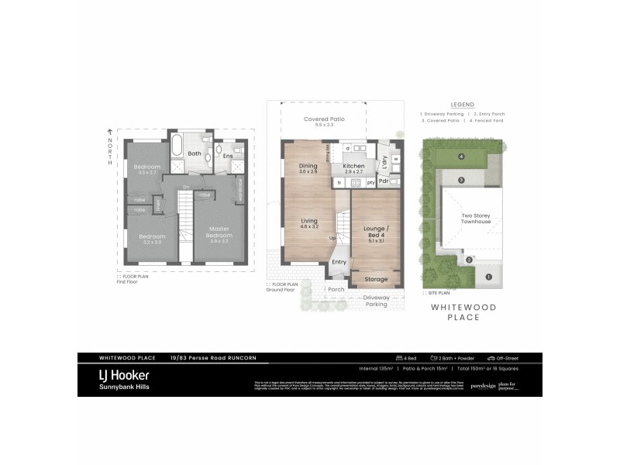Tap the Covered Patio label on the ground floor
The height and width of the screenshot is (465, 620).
coord(324,119)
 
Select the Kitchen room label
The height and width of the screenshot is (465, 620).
coord(353,167)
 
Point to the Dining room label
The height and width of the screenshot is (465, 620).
coord(308,166)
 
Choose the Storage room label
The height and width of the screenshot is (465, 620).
coord(375,279)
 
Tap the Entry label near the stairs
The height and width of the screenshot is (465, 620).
coord(339,262)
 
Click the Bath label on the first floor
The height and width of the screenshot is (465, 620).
coord(195,153)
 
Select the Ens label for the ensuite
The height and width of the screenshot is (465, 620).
coord(228,156)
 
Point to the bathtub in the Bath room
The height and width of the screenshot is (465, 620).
coord(176,146)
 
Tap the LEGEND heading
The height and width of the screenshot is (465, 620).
coord(462,105)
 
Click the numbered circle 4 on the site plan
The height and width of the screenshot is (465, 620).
coord(461,157)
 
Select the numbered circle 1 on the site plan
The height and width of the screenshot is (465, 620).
coord(488,276)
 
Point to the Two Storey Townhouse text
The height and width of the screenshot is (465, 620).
coord(476,219)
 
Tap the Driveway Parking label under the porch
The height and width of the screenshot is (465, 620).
coord(376,301)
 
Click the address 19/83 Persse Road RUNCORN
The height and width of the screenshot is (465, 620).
coord(212,357)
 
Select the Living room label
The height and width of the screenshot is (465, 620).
coord(308,224)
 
